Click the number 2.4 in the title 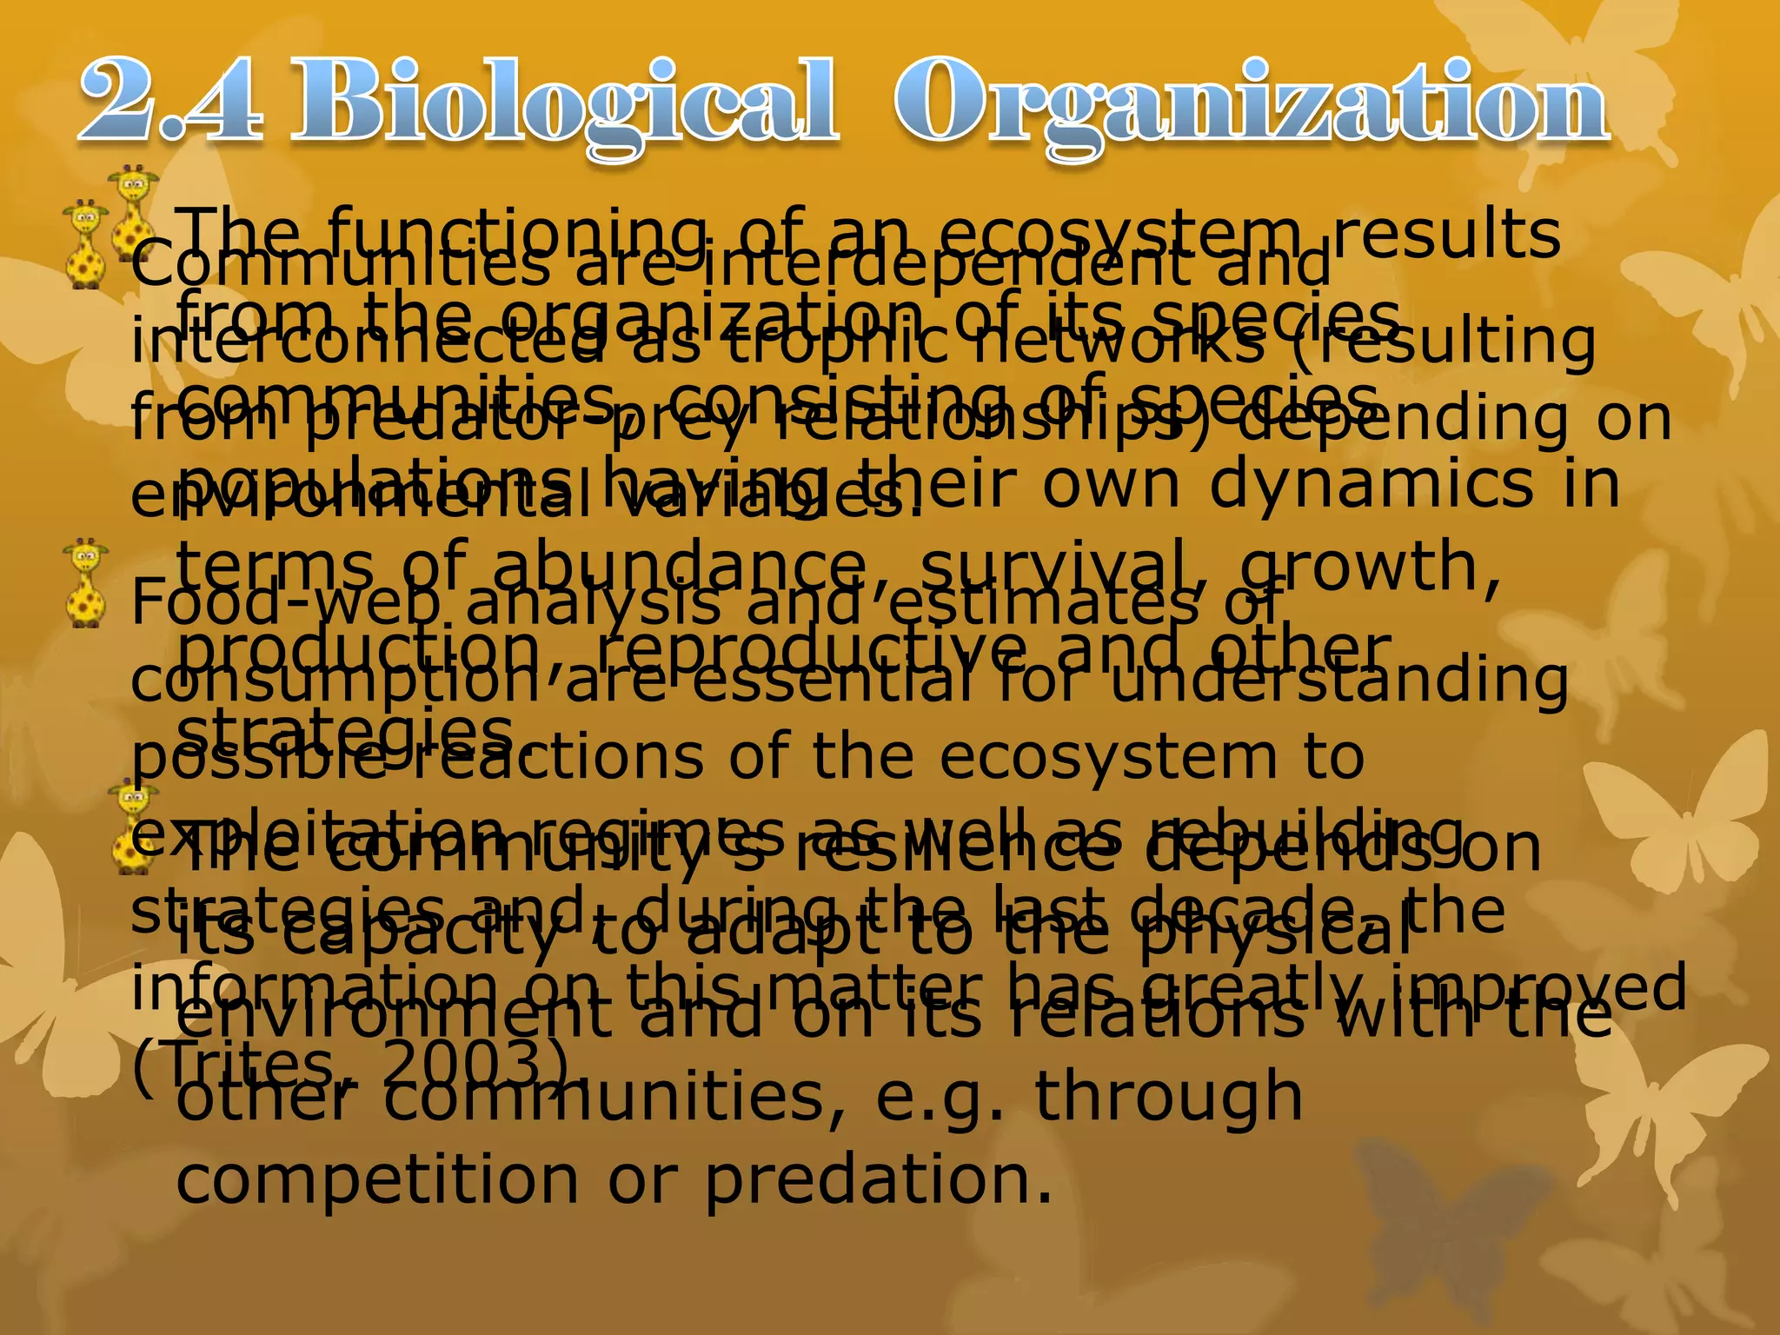click(x=170, y=103)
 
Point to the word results click(x=1447, y=235)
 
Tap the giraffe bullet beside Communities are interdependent click(x=86, y=245)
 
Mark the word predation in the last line click(x=878, y=1180)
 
